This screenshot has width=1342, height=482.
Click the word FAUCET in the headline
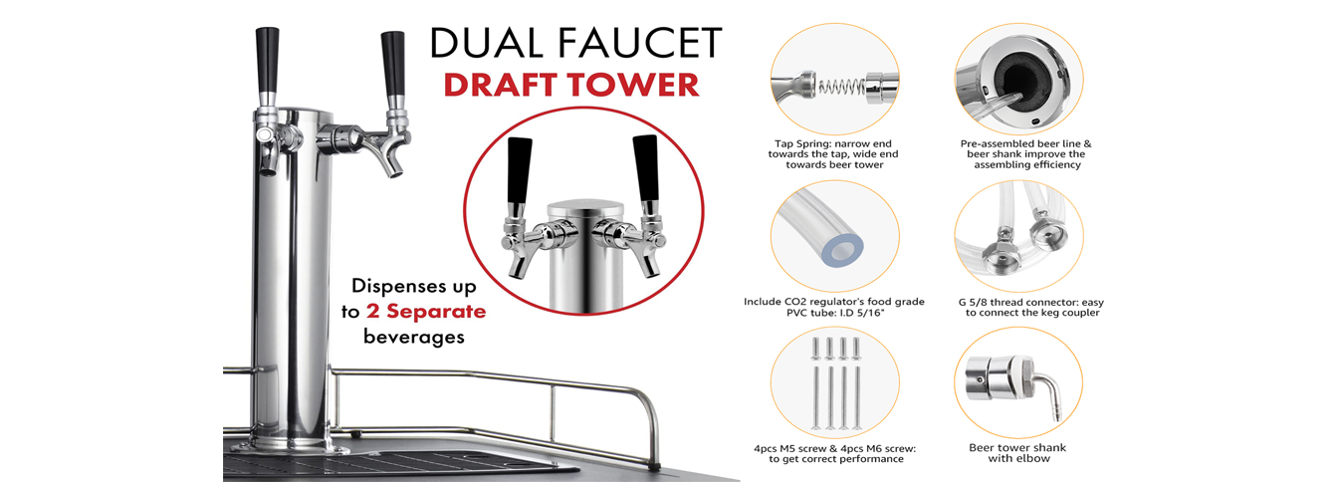coord(639,43)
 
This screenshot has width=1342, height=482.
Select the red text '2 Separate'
coord(426,311)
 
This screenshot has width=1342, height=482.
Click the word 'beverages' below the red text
coord(414,337)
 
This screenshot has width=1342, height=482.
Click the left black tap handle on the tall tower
coord(267,60)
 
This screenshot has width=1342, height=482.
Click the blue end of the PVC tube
coord(842,250)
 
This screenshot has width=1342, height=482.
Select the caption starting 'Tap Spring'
coord(833,154)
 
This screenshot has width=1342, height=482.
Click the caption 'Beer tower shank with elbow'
coord(1017,453)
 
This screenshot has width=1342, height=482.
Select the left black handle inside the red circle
coord(519,171)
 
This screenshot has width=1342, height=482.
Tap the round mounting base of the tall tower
coord(291,446)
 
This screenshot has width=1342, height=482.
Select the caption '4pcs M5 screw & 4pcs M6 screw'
coord(834,448)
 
